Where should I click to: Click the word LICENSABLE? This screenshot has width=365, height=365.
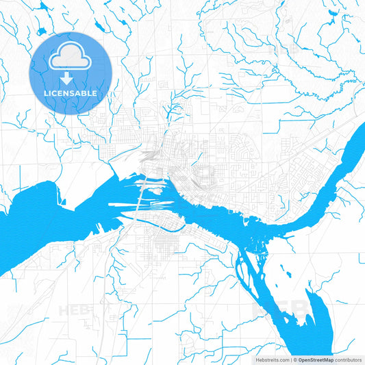point(71,93)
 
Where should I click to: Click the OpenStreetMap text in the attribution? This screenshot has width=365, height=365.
point(314,359)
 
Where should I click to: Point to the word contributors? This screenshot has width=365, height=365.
point(348,359)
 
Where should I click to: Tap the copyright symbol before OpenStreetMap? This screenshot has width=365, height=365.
point(294,359)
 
